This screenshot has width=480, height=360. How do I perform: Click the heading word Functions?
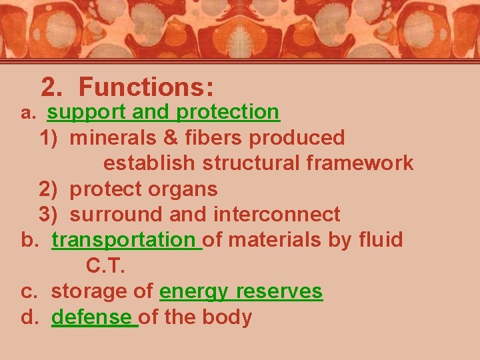pyautogui.click(x=146, y=87)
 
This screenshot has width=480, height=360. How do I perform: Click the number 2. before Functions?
pyautogui.click(x=53, y=87)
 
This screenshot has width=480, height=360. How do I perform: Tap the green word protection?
pyautogui.click(x=228, y=112)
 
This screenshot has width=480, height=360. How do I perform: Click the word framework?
pyautogui.click(x=357, y=163)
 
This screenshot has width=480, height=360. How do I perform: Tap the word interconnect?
pyautogui.click(x=277, y=215)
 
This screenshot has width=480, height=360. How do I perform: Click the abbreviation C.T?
pyautogui.click(x=105, y=266)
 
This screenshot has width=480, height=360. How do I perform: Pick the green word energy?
pyautogui.click(x=195, y=292)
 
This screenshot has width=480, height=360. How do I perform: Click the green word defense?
pyautogui.click(x=92, y=317)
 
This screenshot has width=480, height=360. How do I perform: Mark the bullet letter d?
pyautogui.click(x=29, y=317)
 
